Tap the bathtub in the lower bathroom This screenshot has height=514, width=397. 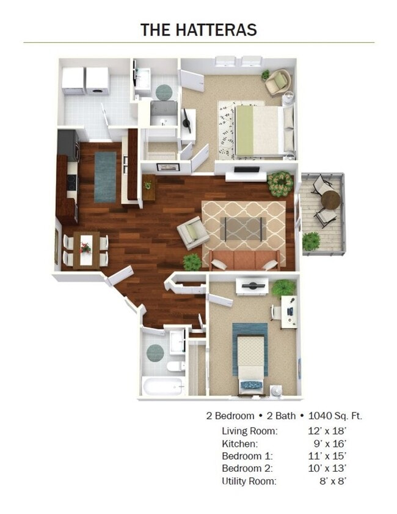(x=162, y=386)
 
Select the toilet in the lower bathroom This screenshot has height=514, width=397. (x=175, y=366)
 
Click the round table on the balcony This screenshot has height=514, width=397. (x=330, y=199)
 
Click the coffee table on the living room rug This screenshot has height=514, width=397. (x=244, y=228)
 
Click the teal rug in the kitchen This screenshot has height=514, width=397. (x=105, y=176)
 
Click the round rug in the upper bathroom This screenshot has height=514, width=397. (x=164, y=92)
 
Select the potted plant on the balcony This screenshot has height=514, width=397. (x=311, y=240)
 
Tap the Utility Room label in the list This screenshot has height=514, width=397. (x=249, y=482)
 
